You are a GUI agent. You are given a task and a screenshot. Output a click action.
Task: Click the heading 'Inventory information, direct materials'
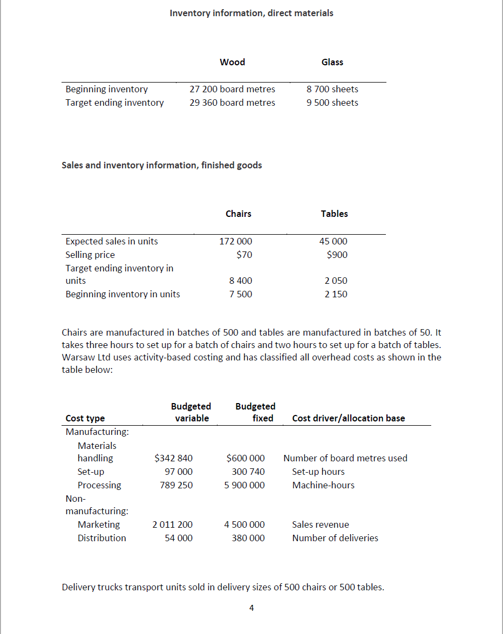click(251, 13)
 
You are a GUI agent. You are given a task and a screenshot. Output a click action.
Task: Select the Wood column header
click(232, 62)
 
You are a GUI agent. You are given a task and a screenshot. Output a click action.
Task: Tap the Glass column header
click(332, 62)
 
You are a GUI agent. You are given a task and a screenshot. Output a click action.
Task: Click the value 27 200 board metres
click(232, 89)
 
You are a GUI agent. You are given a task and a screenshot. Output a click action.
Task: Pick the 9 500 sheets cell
click(332, 103)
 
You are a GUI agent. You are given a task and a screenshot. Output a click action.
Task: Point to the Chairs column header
click(238, 214)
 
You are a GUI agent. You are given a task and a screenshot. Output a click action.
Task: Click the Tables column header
click(334, 214)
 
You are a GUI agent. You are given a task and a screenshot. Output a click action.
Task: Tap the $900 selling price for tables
click(337, 255)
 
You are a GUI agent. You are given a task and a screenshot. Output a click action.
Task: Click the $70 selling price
click(244, 255)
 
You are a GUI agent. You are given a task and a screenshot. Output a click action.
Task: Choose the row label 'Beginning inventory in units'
click(123, 294)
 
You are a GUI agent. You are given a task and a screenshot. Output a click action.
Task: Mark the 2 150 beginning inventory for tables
click(336, 294)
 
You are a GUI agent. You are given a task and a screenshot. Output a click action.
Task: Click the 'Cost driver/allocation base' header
click(348, 418)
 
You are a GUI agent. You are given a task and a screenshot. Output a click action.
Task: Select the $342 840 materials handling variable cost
click(173, 458)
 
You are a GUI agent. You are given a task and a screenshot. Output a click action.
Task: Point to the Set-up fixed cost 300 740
click(246, 472)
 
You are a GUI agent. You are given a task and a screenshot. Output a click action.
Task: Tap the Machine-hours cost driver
click(323, 485)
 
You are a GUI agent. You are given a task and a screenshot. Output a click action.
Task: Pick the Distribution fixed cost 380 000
click(248, 538)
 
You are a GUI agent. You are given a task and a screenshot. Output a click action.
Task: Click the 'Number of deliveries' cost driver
click(335, 538)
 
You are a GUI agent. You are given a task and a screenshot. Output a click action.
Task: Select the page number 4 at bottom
click(251, 608)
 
